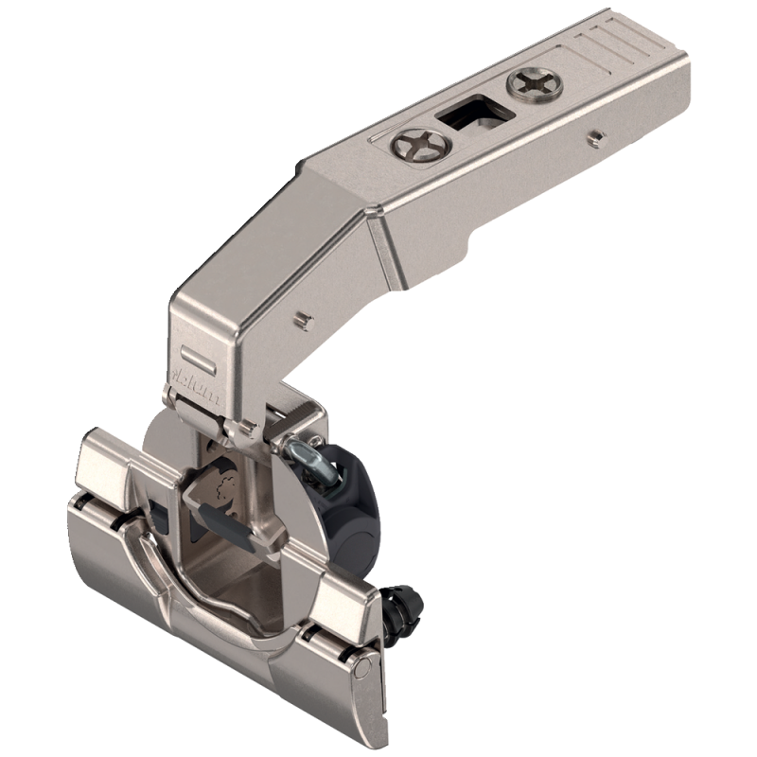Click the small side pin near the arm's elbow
tap(302, 318)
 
